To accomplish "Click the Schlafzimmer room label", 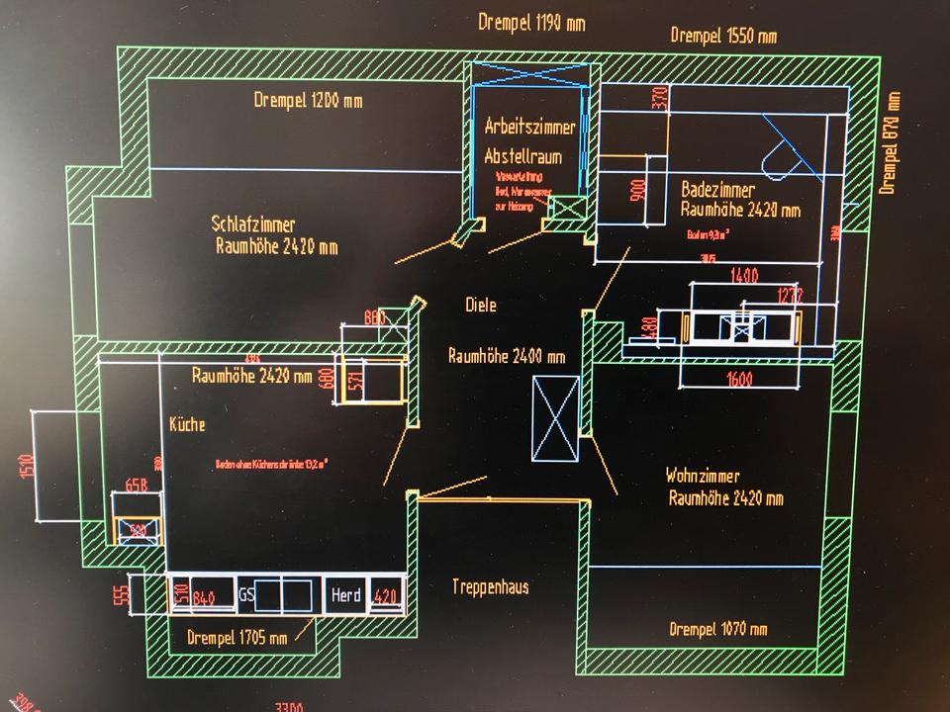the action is coord(253,223).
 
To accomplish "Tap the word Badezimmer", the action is coord(717,190).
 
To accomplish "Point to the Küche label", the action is coord(187,424).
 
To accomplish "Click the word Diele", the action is coord(481,306).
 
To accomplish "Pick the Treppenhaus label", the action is coord(490,586).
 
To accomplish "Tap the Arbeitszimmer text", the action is coord(529,127).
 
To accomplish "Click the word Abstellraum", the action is coord(522,156).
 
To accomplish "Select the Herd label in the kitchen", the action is coord(346,595).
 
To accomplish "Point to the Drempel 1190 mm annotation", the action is coord(530,23).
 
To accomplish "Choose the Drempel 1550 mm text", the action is coord(723,36).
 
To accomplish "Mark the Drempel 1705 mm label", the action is coord(237,638).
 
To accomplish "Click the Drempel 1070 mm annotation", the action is coord(717,629).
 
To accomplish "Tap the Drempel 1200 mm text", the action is coord(308,100).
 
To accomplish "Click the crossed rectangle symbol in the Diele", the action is coord(554,418).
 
